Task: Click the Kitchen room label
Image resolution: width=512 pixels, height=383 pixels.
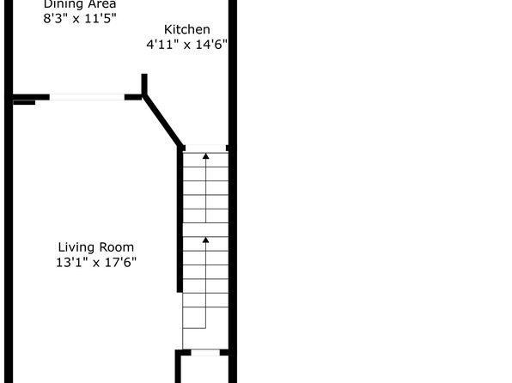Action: click(x=186, y=30)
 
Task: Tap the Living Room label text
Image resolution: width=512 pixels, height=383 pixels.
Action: click(x=96, y=247)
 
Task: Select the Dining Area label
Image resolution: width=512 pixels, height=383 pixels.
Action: click(x=80, y=4)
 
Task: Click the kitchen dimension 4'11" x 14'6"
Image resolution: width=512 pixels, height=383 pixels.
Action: click(x=186, y=44)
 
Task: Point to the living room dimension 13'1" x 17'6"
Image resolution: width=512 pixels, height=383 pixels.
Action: click(x=96, y=262)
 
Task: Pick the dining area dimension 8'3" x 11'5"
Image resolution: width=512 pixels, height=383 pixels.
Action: click(x=80, y=18)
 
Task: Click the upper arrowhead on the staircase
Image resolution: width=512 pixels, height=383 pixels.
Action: click(x=205, y=156)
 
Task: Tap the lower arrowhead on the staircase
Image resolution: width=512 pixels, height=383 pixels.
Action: click(x=205, y=240)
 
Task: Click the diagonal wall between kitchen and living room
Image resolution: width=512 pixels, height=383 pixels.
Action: click(x=162, y=121)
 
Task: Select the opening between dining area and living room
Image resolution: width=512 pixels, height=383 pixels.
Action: click(x=87, y=97)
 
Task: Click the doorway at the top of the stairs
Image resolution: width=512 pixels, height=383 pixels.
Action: click(x=205, y=149)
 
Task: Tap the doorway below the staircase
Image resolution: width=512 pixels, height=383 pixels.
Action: click(x=205, y=353)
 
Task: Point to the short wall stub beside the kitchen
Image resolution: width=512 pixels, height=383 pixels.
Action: click(x=144, y=84)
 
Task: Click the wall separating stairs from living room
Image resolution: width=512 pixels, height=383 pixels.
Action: click(x=180, y=219)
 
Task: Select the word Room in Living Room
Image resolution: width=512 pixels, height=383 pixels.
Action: click(x=117, y=247)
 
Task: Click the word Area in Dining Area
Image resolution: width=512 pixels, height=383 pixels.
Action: click(x=102, y=4)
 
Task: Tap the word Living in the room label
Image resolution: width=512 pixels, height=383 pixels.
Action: click(x=77, y=247)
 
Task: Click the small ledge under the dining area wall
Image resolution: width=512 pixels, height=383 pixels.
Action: click(x=24, y=102)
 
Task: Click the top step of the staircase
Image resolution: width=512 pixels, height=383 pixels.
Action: click(x=205, y=160)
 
